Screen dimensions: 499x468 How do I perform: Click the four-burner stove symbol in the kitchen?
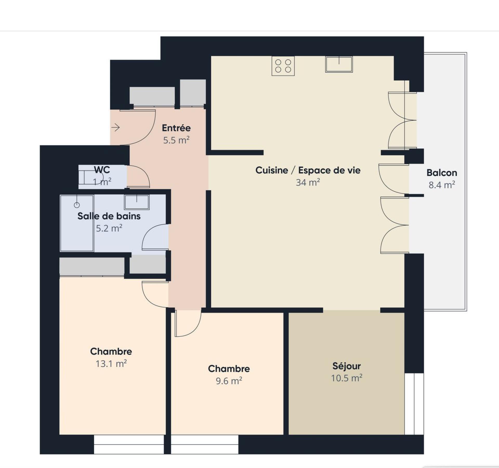pos(283,66)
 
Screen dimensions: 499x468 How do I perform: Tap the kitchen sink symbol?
pos(339,64)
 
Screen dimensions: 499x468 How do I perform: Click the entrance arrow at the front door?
pos(115,127)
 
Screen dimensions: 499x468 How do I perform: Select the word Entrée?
pos(176,128)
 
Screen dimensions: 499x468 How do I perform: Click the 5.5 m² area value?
pos(176,140)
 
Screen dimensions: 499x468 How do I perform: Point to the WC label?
pos(102,170)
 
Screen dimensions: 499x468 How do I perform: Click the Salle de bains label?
pos(109,216)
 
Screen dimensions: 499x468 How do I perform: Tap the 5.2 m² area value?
pos(109,228)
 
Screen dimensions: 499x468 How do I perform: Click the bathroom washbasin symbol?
pos(137,202)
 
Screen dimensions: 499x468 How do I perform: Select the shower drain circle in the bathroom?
pos(77,205)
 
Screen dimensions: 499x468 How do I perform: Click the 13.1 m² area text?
pos(111,363)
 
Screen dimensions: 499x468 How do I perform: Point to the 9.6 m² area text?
pos(229,381)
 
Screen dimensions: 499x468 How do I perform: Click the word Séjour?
pos(346,366)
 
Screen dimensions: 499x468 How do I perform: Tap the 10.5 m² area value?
pos(346,378)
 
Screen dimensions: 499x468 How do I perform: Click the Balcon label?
pos(442,173)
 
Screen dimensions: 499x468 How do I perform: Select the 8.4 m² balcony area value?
pos(442,185)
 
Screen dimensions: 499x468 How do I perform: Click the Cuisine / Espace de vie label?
pos(308,170)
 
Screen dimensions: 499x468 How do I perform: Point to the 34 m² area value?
pos(308,183)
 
